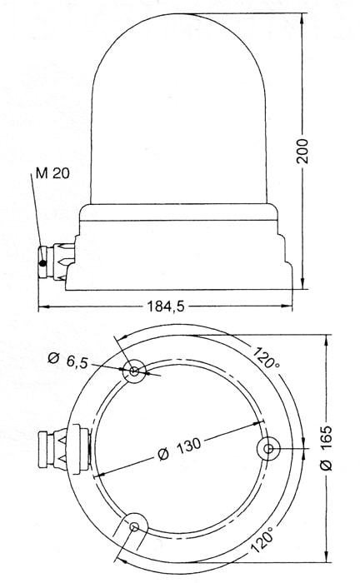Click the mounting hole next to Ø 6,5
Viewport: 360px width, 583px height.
[134, 371]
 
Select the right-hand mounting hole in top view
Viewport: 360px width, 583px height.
[267, 448]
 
